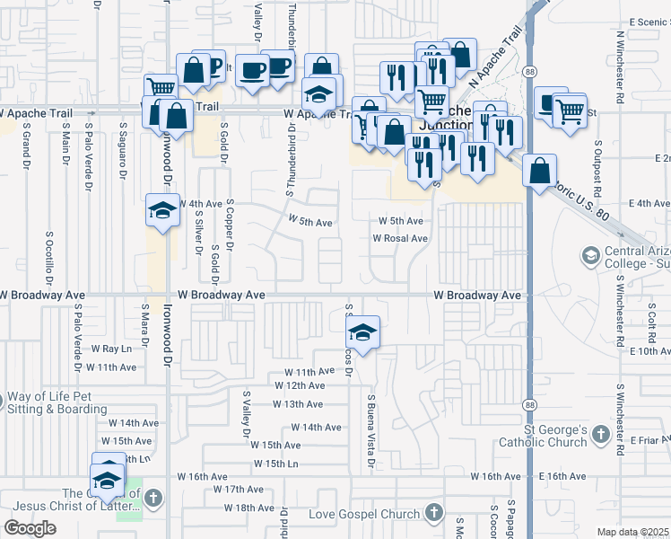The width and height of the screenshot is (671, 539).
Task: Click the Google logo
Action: tap(30, 528)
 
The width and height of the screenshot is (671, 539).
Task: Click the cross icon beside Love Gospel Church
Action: tap(433, 514)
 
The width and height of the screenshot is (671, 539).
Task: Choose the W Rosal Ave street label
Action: tap(400, 239)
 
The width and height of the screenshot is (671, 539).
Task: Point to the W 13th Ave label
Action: tap(297, 404)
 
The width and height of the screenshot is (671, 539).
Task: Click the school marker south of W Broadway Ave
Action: tap(362, 334)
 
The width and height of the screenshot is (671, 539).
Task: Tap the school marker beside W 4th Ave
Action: tap(162, 212)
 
